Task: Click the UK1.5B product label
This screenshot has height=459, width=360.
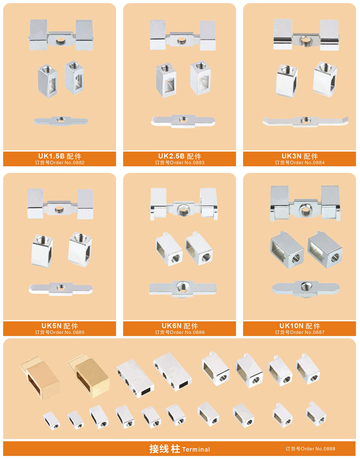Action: click(x=59, y=156)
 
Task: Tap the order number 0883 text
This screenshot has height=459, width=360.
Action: click(x=180, y=163)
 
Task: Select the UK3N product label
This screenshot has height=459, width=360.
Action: click(x=300, y=156)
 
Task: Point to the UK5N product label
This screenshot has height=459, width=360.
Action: click(x=59, y=326)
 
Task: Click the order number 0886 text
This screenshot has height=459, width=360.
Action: click(x=180, y=332)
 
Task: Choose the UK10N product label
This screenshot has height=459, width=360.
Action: click(x=300, y=326)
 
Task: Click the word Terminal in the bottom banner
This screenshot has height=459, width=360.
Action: click(x=196, y=449)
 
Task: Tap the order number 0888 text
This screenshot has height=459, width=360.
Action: click(x=310, y=449)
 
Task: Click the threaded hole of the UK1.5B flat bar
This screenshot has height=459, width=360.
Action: click(x=60, y=119)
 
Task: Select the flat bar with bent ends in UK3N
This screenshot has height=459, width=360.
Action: click(x=305, y=121)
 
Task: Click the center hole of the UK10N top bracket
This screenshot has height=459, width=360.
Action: click(x=305, y=210)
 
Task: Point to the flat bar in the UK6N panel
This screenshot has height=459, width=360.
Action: click(x=183, y=289)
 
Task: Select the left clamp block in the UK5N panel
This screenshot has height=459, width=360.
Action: click(x=42, y=251)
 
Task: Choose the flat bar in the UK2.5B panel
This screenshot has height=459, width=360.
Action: click(x=183, y=121)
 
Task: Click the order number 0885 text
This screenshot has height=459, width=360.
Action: click(x=59, y=332)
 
